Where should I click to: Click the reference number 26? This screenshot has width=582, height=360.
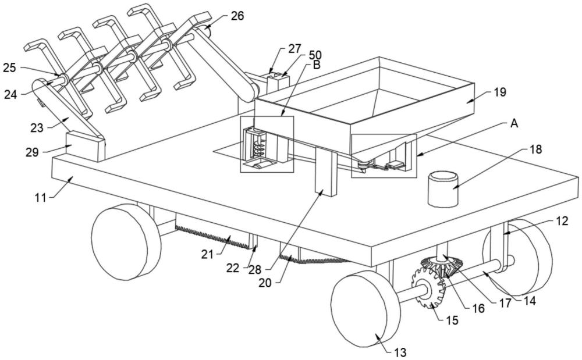[237, 16]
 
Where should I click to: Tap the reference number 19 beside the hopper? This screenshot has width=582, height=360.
[500, 92]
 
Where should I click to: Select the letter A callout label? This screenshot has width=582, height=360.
[514, 123]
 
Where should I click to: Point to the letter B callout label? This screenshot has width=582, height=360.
[316, 65]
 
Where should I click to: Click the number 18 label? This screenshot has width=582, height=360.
[535, 149]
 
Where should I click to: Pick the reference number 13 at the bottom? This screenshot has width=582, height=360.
[400, 352]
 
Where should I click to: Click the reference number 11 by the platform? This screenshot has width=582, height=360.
[41, 198]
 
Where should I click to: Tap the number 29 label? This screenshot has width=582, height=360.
[32, 152]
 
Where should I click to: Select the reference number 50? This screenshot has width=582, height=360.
[315, 56]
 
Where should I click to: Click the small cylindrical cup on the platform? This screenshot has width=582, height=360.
[443, 188]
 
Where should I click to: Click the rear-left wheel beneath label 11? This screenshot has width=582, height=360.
[126, 242]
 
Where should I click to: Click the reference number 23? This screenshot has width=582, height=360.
[37, 128]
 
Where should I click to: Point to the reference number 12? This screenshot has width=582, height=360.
[562, 222]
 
